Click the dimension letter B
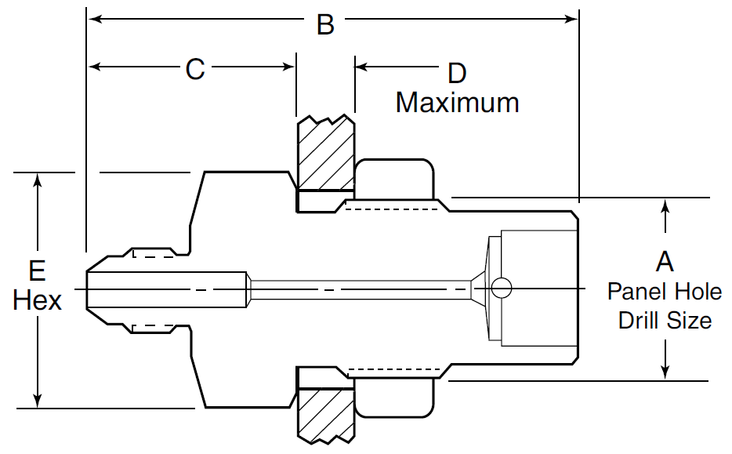click(x=325, y=25)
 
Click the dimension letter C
click(x=194, y=69)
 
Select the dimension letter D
click(x=456, y=74)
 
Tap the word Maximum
click(x=457, y=102)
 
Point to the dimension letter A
click(x=665, y=261)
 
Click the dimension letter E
click(x=37, y=271)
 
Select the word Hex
click(x=37, y=300)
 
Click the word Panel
click(x=636, y=292)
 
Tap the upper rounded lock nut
click(x=394, y=180)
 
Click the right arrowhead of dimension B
click(x=571, y=17)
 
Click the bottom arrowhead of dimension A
click(x=665, y=372)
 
